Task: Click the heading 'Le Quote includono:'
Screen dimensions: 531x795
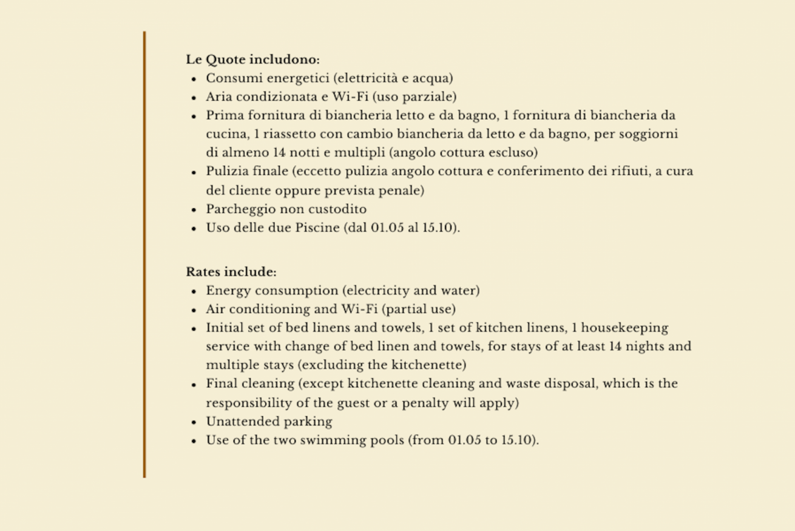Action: pos(252,59)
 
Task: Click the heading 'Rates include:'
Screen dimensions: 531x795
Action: pos(231,271)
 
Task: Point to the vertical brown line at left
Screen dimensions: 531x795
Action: pos(144,255)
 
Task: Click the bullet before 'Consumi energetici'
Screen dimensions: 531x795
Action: pos(193,79)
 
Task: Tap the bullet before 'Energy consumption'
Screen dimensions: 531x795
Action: pos(193,291)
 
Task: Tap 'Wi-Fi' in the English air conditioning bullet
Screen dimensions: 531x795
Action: pos(360,309)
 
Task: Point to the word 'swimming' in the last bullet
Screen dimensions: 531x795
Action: pos(340,440)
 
